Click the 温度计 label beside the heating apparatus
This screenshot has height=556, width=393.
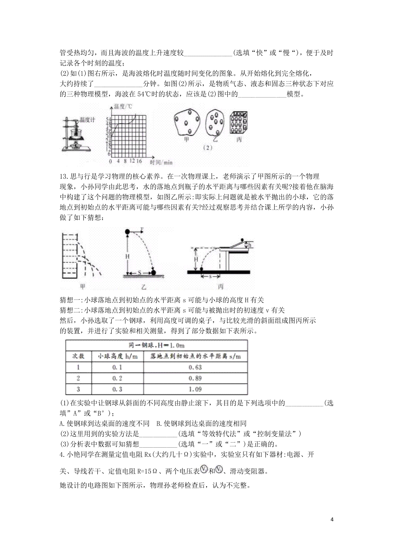[87, 120]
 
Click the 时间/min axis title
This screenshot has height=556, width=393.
[161, 162]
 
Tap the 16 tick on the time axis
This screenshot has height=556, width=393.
[139, 161]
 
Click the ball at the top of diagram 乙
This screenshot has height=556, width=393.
[127, 232]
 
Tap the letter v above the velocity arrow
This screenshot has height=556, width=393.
[142, 228]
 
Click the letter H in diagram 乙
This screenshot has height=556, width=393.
[127, 256]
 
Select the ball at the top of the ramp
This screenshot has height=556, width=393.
[242, 240]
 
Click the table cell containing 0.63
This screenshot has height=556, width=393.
[195, 367]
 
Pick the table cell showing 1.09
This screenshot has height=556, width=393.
[195, 389]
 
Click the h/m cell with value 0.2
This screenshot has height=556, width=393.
[117, 378]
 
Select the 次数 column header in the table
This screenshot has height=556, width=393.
[78, 356]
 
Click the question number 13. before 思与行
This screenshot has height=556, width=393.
[64, 176]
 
